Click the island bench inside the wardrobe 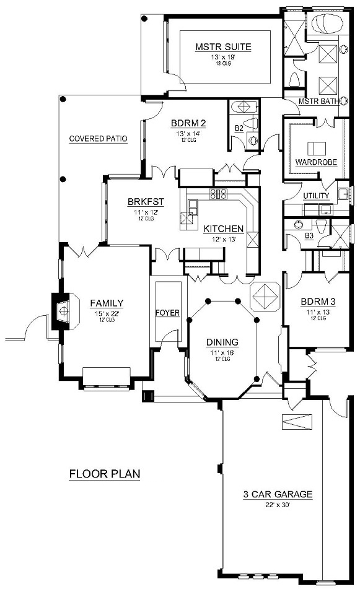click(x=317, y=147)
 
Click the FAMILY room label click(x=107, y=303)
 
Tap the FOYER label click(x=167, y=313)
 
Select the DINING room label click(x=222, y=342)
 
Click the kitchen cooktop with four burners click(x=217, y=194)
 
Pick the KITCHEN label click(x=224, y=229)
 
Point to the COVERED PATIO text click(x=99, y=139)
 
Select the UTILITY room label click(x=316, y=196)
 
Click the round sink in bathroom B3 click(x=320, y=222)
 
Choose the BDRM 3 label click(x=318, y=302)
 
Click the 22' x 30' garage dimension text click(x=277, y=505)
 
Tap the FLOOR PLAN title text click(x=104, y=474)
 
